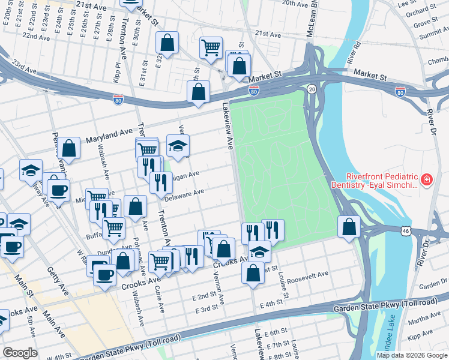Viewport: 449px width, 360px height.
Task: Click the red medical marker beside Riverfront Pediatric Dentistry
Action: click(427, 179)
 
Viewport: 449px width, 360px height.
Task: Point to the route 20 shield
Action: click(311, 89)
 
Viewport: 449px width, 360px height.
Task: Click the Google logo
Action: click(20, 353)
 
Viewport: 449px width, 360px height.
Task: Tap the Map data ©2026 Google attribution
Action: click(412, 355)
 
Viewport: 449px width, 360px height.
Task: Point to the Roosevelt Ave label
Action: click(308, 275)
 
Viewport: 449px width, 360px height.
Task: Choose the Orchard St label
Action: click(424, 11)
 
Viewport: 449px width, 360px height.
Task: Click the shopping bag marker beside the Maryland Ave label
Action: click(70, 149)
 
